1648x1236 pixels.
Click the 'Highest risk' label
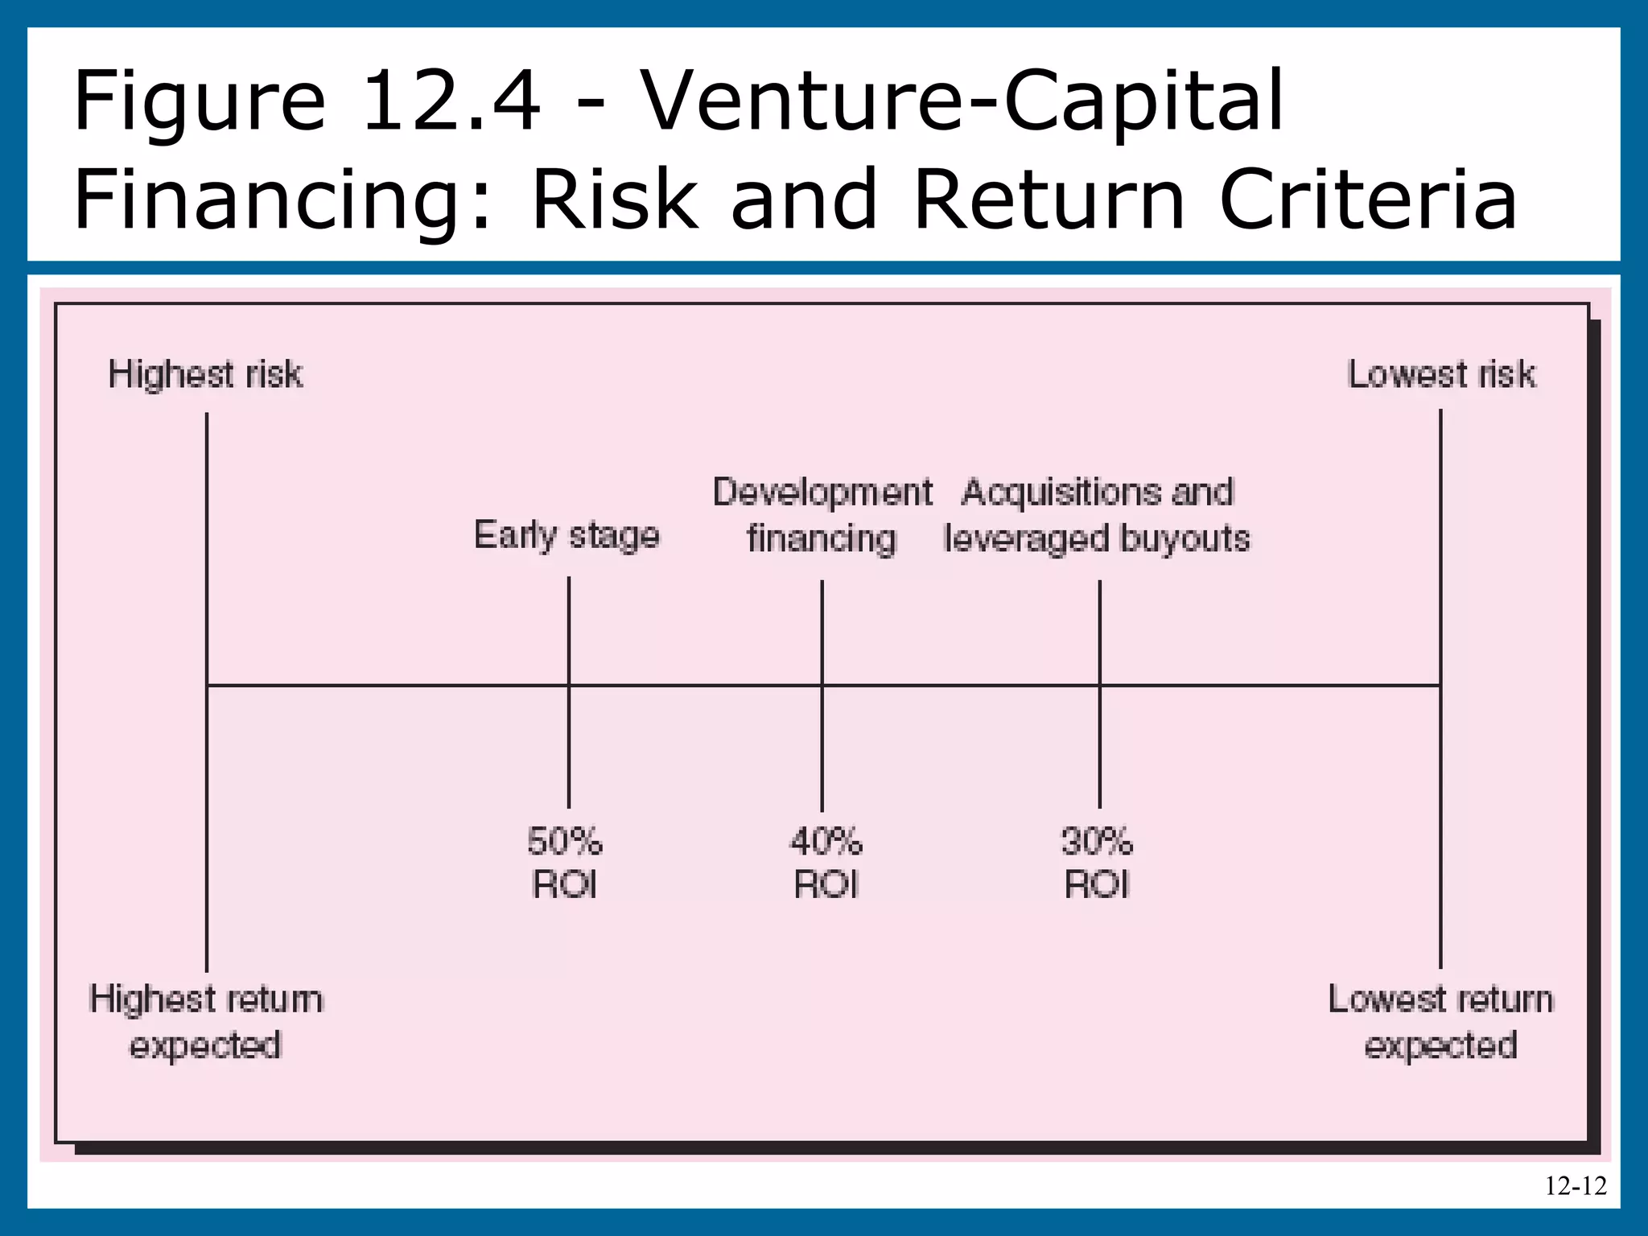[205, 375]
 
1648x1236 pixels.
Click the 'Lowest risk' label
[1440, 375]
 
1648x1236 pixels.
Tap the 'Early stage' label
[566, 536]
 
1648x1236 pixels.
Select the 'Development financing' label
[822, 515]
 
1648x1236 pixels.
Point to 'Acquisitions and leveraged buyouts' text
[1098, 515]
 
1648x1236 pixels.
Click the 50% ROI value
[565, 863]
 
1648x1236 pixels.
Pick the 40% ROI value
[826, 863]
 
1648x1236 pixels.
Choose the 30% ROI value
[1096, 863]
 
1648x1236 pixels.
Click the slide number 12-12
[1575, 1186]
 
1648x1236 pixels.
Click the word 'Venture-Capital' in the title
[962, 103]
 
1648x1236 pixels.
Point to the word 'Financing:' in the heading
[282, 201]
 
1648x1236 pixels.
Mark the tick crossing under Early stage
[569, 686]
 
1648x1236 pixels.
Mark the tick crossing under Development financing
[822, 686]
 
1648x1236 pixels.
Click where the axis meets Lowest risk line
[1440, 686]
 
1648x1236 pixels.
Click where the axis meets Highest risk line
[207, 686]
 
